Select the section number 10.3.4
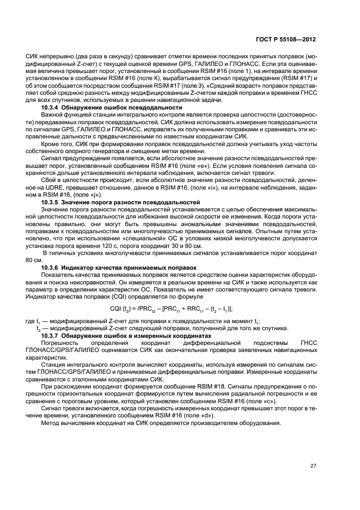(x=51, y=108)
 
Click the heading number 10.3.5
(x=51, y=202)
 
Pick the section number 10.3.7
(x=51, y=337)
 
